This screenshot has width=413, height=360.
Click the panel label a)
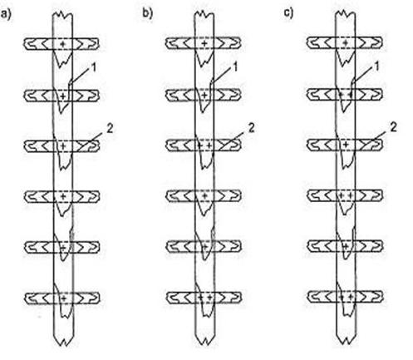(6, 14)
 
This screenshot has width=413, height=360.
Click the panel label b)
(148, 13)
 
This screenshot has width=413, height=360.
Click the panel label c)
(289, 13)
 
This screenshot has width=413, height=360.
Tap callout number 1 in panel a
(94, 67)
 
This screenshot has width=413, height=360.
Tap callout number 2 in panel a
(110, 128)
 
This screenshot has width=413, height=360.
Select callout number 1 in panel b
(235, 67)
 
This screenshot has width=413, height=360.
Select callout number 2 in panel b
(251, 128)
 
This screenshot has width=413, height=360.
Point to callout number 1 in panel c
(376, 67)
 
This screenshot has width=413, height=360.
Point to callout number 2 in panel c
(393, 127)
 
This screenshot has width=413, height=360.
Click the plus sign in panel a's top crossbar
(63, 44)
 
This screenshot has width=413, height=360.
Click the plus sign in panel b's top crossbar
(204, 43)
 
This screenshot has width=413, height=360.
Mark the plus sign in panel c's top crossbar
(346, 43)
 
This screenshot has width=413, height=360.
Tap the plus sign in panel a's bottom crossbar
(64, 298)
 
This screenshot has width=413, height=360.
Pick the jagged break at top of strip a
(63, 15)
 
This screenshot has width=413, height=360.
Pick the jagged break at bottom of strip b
(204, 341)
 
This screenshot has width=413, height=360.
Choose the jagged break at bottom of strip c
(346, 340)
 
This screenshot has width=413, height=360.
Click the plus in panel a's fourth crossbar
(63, 196)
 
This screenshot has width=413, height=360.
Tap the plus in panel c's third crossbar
(346, 145)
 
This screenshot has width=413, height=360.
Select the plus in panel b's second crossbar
(204, 96)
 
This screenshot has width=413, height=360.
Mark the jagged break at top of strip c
(346, 14)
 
